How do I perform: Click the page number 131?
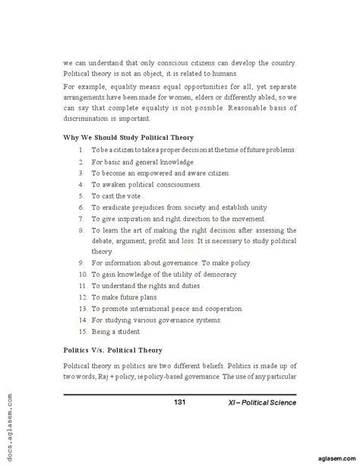(x=180, y=401)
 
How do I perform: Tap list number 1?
(x=81, y=151)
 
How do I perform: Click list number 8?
(x=81, y=229)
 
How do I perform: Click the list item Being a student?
(x=118, y=332)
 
